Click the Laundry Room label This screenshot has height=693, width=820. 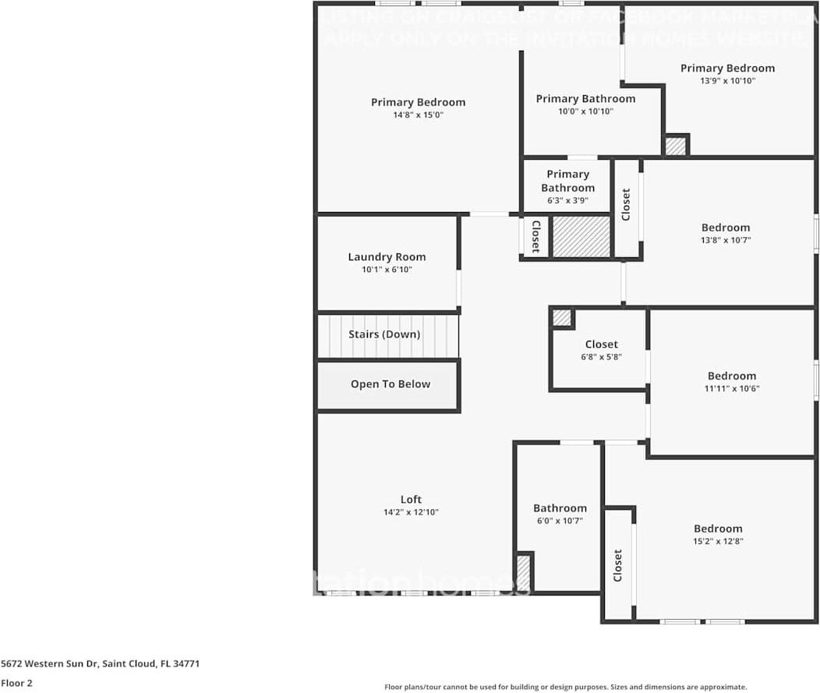pyautogui.click(x=387, y=256)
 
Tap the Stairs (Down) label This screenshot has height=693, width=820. pyautogui.click(x=384, y=334)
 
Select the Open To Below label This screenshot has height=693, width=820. pyautogui.click(x=390, y=384)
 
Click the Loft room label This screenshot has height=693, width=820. pyautogui.click(x=411, y=500)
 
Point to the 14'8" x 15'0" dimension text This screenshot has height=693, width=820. pyautogui.click(x=418, y=115)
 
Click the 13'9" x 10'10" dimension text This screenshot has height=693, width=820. pyautogui.click(x=727, y=81)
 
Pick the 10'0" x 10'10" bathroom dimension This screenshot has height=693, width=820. pyautogui.click(x=585, y=111)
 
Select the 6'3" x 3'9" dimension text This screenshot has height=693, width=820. pyautogui.click(x=567, y=200)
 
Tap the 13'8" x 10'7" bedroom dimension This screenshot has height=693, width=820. pyautogui.click(x=725, y=241)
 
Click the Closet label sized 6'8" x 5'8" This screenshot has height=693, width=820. pyautogui.click(x=601, y=344)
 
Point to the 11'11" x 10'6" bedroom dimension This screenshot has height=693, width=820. pyautogui.click(x=731, y=389)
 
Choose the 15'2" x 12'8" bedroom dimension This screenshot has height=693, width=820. pyautogui.click(x=718, y=541)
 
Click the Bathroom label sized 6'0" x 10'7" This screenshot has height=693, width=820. pyautogui.click(x=560, y=508)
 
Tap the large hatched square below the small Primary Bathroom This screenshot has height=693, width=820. pyautogui.click(x=581, y=237)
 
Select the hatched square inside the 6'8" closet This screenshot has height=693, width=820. pyautogui.click(x=561, y=318)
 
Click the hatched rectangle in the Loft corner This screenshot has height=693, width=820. pyautogui.click(x=524, y=572)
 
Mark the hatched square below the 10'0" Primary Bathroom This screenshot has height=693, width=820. pyautogui.click(x=675, y=146)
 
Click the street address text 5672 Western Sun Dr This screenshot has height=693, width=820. pyautogui.click(x=101, y=664)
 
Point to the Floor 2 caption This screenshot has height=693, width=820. pyautogui.click(x=16, y=683)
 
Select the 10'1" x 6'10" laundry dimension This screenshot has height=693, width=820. pyautogui.click(x=387, y=270)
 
